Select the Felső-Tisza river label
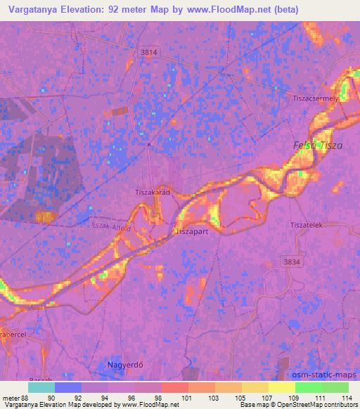[x=318, y=145]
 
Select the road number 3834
[x=289, y=260]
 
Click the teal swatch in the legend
[x=41, y=387]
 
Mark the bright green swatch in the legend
[x=308, y=387]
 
